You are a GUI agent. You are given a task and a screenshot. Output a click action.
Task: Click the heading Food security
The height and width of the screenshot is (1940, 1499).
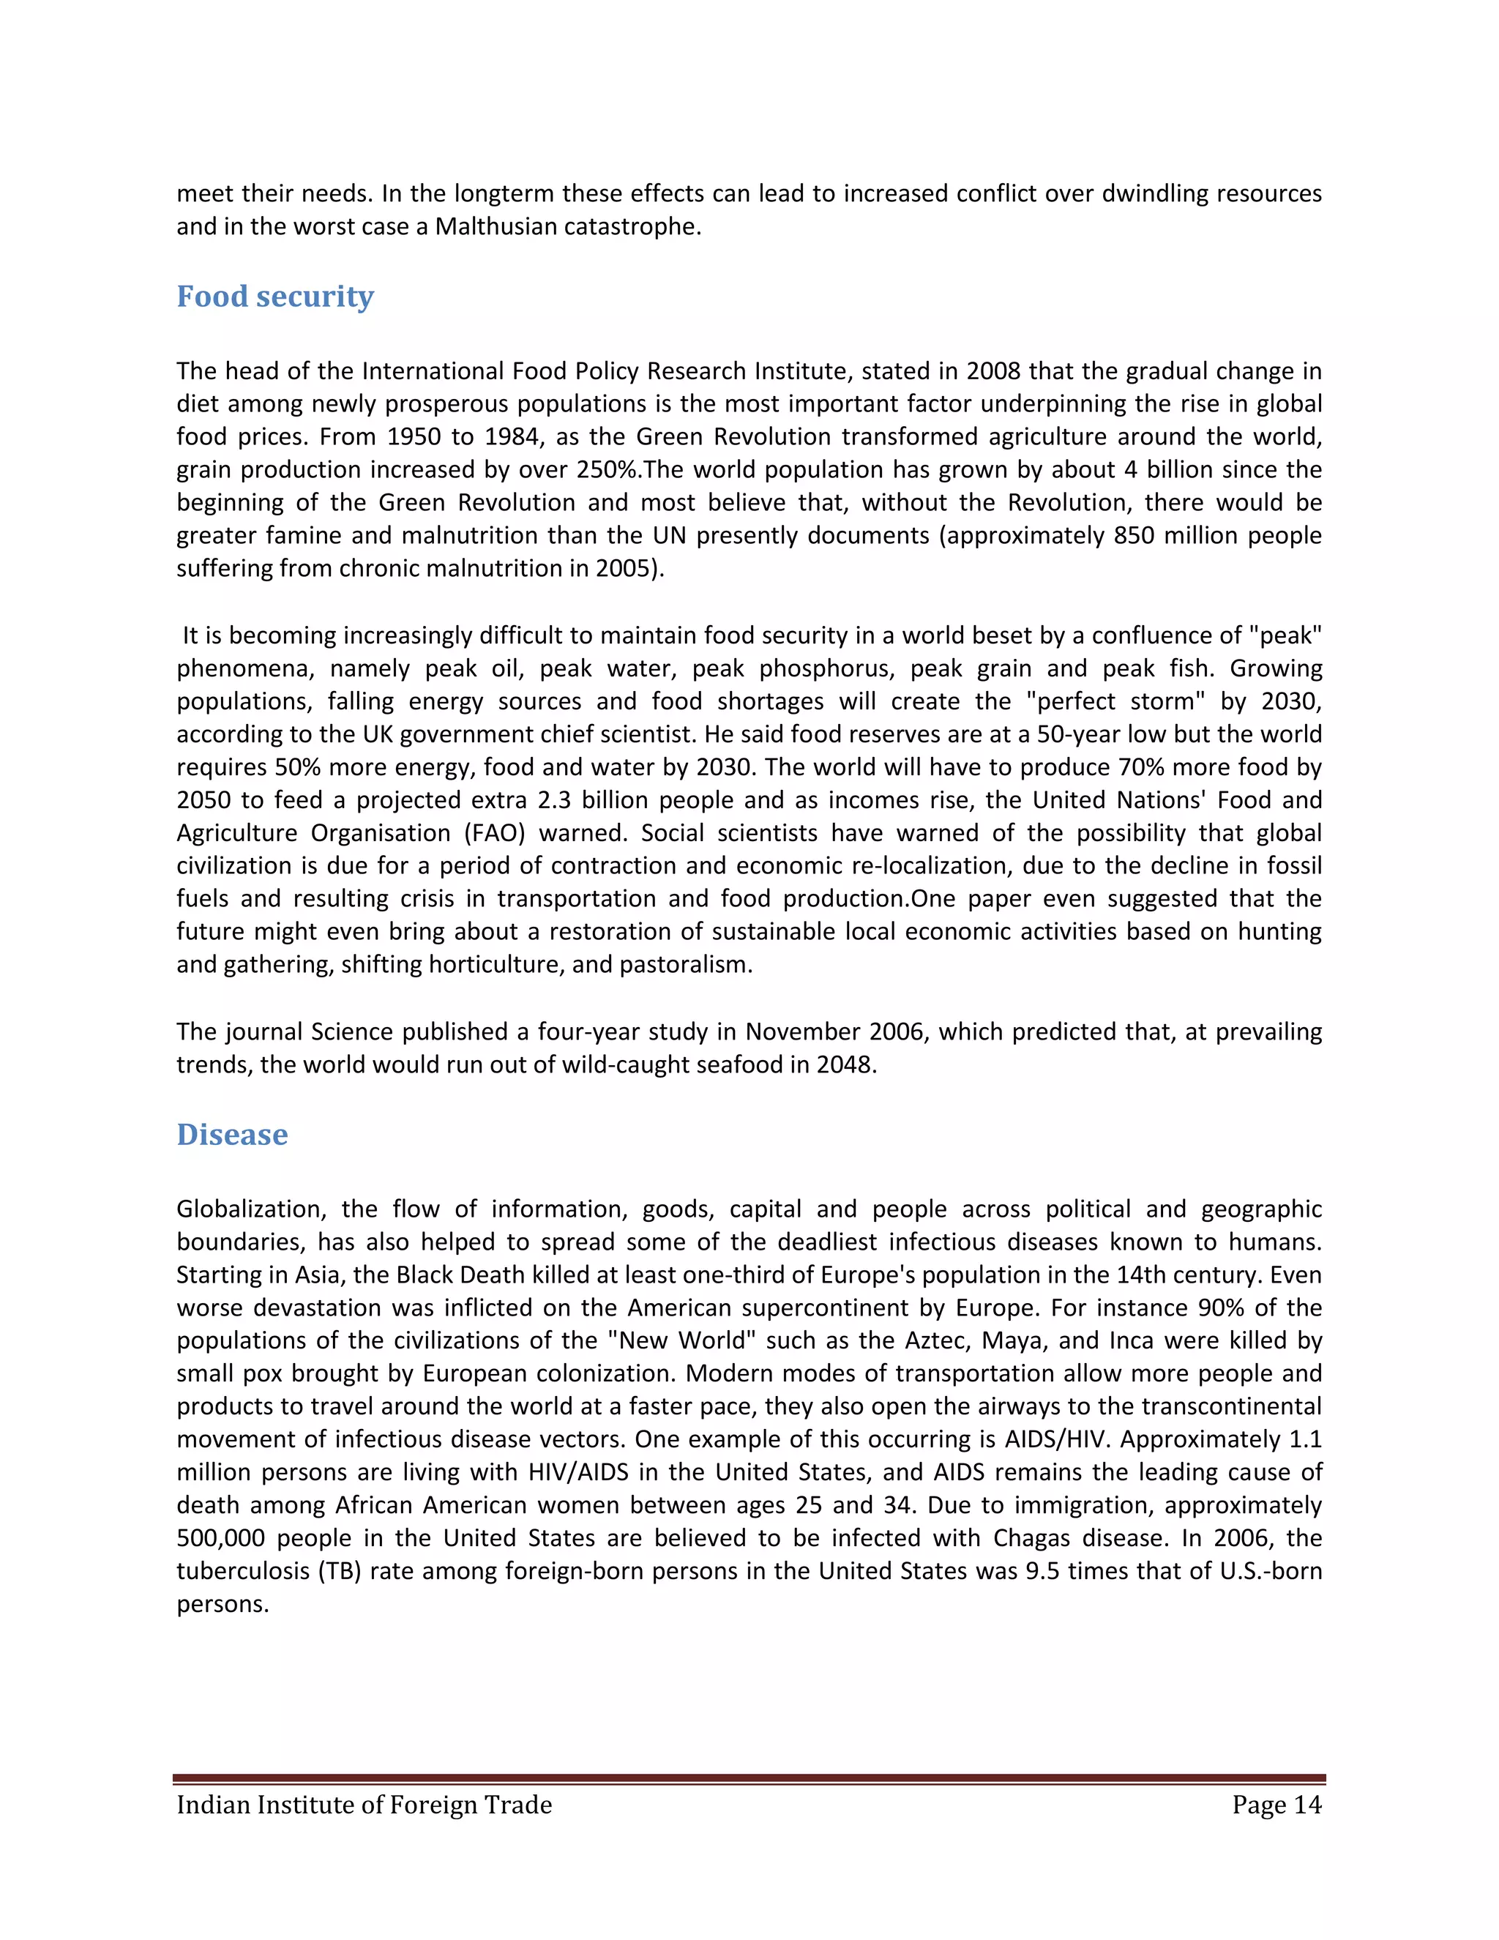(x=275, y=296)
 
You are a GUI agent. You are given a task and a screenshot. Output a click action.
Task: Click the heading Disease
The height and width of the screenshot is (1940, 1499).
(x=232, y=1135)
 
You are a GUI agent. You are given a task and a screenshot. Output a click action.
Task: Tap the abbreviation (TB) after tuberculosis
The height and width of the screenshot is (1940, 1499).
(x=339, y=1571)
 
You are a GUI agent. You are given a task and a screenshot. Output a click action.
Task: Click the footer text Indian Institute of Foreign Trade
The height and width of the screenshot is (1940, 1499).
(x=364, y=1806)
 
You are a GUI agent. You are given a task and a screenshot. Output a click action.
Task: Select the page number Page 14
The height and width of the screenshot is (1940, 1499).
(x=1276, y=1806)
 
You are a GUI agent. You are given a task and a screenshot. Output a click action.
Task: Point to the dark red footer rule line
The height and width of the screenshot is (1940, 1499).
(x=749, y=1779)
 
